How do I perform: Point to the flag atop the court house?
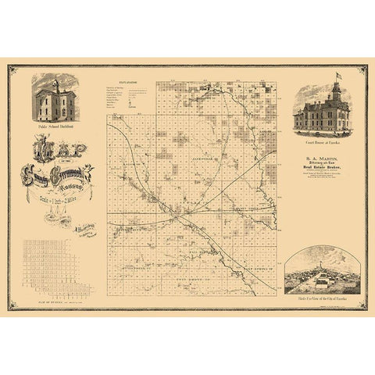point(337,77)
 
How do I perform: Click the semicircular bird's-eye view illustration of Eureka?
point(319,274)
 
